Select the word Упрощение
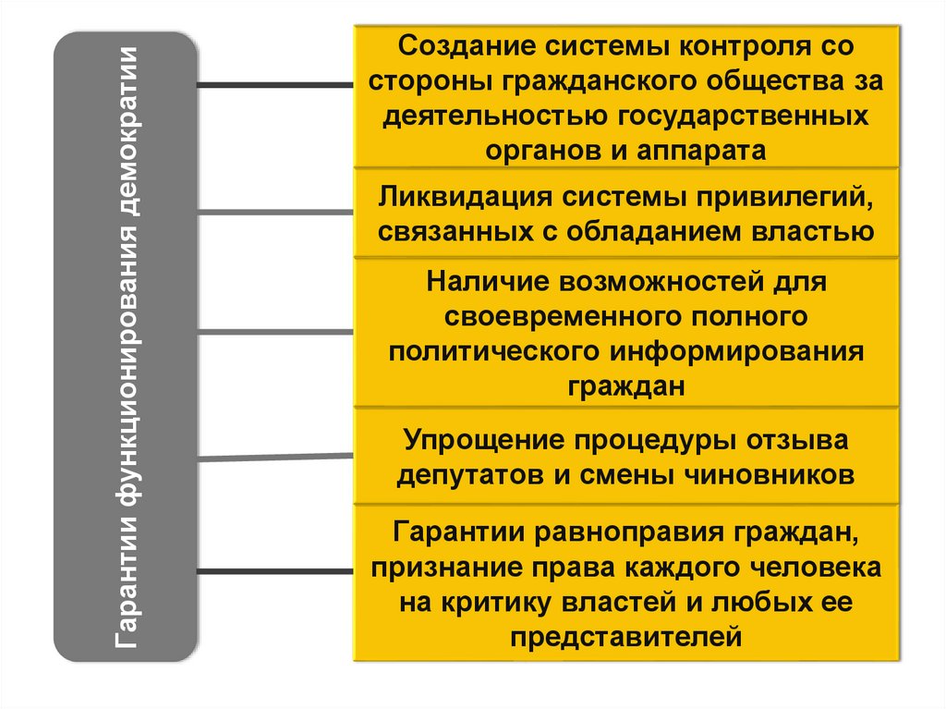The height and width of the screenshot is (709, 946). [486, 441]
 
